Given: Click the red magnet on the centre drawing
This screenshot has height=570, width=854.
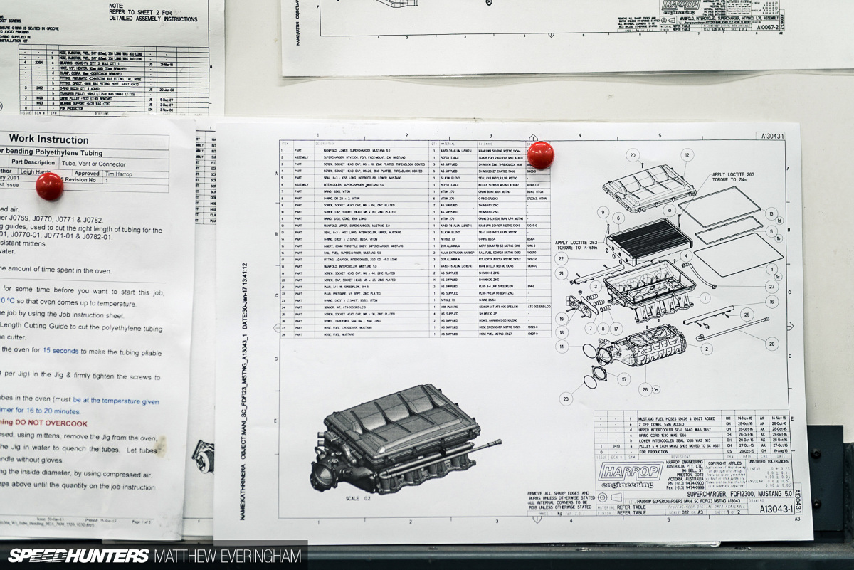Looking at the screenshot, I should pyautogui.click(x=541, y=155).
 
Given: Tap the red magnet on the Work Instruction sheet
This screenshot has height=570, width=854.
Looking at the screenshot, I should pyautogui.click(x=49, y=186).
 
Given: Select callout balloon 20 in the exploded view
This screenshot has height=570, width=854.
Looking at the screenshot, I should pyautogui.click(x=632, y=155).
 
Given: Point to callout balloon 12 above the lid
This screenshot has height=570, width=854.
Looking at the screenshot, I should pyautogui.click(x=687, y=154).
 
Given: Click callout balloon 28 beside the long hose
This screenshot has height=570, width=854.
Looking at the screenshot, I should pyautogui.click(x=771, y=344).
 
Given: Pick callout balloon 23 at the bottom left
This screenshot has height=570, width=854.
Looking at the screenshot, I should pyautogui.click(x=565, y=399).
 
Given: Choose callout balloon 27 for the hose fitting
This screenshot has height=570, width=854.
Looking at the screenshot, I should pyautogui.click(x=771, y=287).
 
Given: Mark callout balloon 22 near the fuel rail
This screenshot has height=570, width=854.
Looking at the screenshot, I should pyautogui.click(x=562, y=258).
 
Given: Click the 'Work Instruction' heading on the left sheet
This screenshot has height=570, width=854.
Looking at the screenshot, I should pyautogui.click(x=48, y=139).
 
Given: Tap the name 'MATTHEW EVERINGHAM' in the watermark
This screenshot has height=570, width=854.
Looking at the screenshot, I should pyautogui.click(x=227, y=556).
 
